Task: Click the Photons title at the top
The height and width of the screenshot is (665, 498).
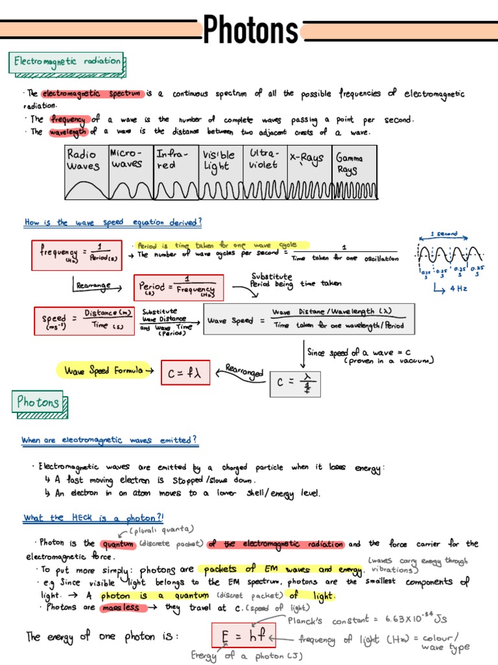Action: point(250,30)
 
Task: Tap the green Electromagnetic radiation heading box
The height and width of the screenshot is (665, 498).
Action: point(67,62)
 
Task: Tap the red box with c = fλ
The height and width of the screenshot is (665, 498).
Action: point(185,372)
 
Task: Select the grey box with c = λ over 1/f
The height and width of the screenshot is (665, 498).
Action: point(295,383)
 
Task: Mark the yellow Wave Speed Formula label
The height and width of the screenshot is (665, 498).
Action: point(106,371)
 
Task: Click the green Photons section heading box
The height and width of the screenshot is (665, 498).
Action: point(38,402)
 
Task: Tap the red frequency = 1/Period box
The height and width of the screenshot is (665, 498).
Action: point(77,255)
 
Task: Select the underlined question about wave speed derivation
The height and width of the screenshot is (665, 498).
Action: point(113,222)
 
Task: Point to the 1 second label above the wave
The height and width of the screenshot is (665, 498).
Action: point(445,234)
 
